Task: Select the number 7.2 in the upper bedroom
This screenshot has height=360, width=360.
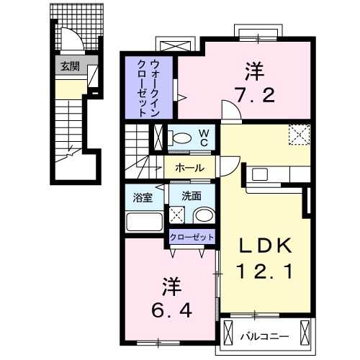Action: pyautogui.click(x=256, y=95)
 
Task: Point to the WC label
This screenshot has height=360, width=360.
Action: pyautogui.click(x=204, y=137)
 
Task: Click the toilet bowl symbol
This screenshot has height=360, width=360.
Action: pyautogui.click(x=181, y=138)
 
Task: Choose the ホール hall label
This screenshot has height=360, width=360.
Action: pyautogui.click(x=189, y=168)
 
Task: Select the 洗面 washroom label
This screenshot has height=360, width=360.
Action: pyautogui.click(x=191, y=196)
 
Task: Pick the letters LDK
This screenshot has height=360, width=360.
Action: pyautogui.click(x=266, y=246)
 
